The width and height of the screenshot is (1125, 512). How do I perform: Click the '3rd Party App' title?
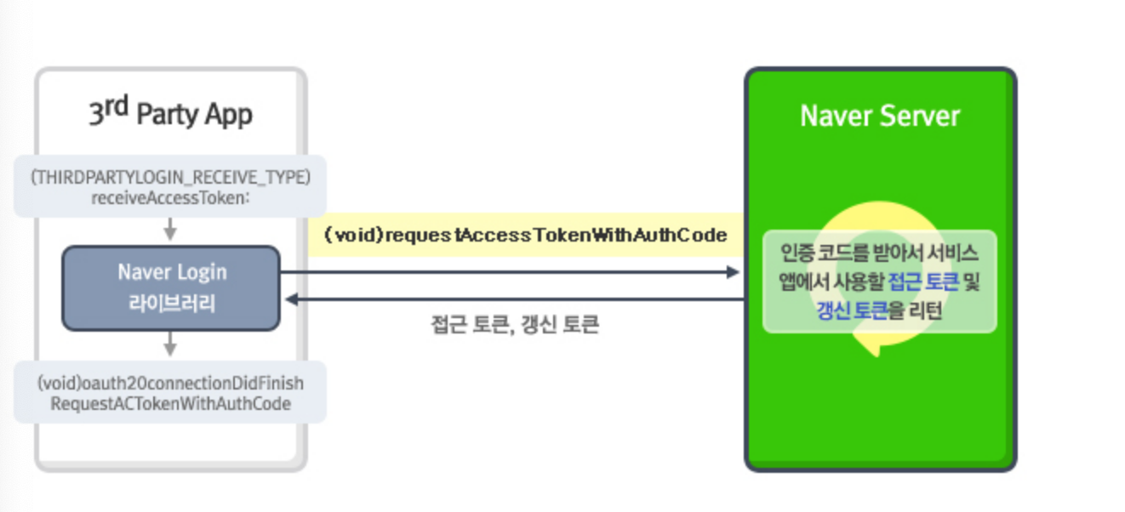point(170,113)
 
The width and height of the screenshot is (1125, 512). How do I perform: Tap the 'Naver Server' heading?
point(880,117)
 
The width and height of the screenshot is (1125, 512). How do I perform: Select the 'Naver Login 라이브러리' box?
point(171,287)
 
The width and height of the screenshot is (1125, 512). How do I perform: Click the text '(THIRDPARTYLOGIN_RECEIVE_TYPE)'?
point(170,178)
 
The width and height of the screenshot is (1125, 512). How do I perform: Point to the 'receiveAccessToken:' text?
point(170,197)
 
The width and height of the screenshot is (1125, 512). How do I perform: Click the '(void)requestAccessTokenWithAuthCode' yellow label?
point(525,235)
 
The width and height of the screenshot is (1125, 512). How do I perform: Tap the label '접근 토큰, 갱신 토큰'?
point(515,325)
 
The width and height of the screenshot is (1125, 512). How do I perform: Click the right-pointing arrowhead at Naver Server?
point(733,272)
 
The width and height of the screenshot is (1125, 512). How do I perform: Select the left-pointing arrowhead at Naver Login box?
point(291,299)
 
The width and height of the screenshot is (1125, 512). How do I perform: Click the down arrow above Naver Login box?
point(170,230)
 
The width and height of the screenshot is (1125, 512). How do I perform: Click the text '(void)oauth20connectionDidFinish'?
point(170,384)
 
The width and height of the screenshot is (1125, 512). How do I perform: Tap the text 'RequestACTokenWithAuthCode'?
point(170,403)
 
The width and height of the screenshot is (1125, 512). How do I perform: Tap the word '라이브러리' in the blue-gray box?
point(171,303)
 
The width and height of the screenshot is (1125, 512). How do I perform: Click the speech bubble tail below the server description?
point(870,345)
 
